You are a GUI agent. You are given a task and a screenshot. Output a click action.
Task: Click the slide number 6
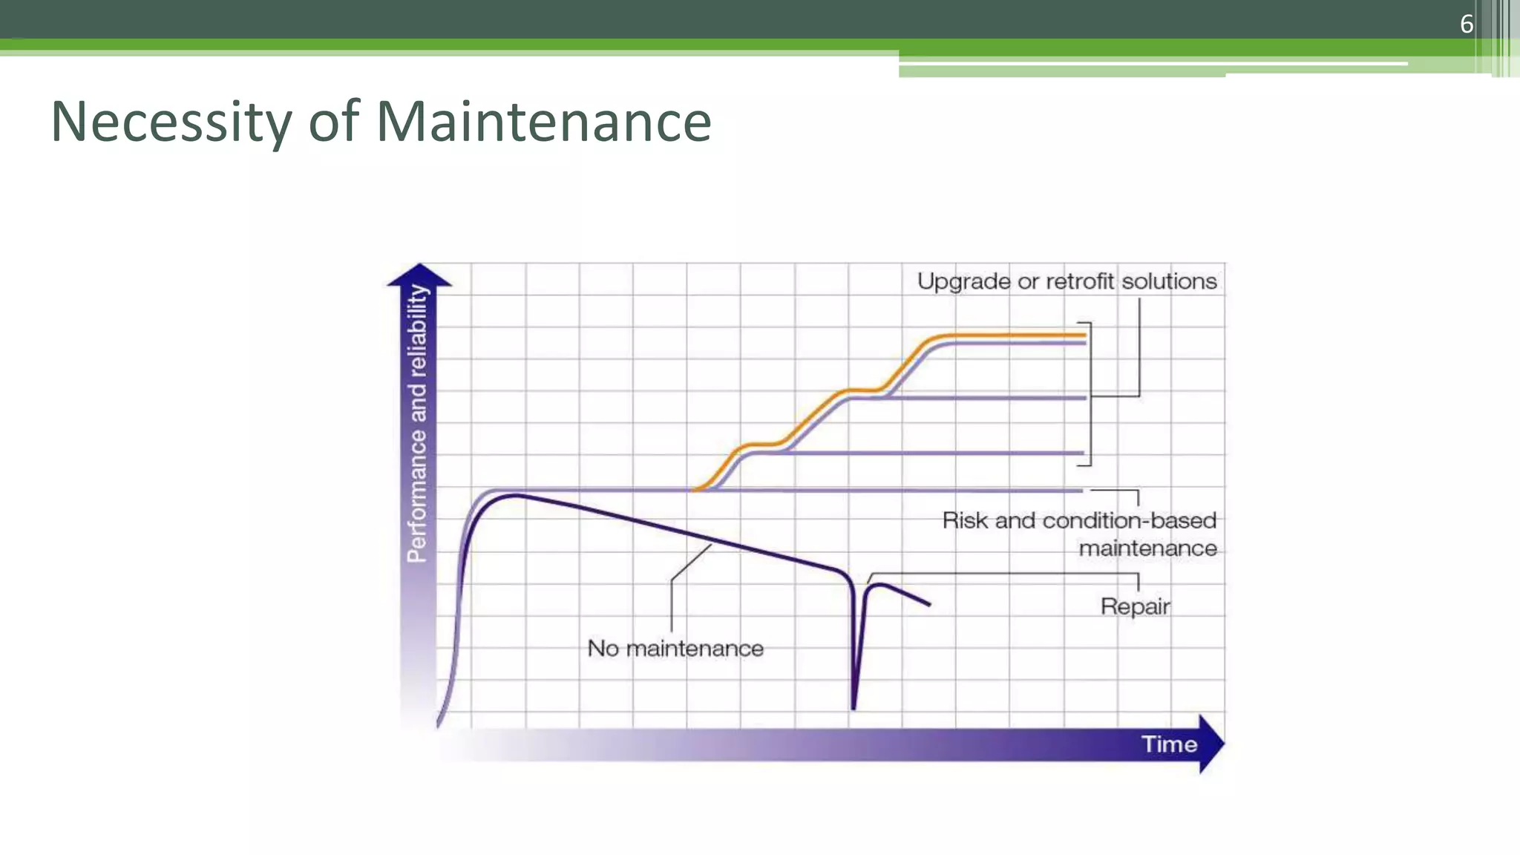(1466, 24)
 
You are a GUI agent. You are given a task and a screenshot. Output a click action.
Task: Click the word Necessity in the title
(171, 122)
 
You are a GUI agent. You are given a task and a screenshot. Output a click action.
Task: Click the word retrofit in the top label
(1080, 281)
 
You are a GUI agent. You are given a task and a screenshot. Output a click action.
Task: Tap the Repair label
(1135, 606)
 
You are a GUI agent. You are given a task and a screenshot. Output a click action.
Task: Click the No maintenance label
(675, 649)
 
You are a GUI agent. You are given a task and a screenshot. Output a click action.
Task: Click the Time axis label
(1169, 744)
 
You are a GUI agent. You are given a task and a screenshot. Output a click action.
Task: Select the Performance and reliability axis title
(418, 423)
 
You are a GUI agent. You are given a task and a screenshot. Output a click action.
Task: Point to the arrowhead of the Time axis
(1211, 744)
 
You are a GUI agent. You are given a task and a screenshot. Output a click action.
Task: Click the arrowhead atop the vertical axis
(419, 274)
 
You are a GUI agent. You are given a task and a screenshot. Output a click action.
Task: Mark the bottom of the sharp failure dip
(854, 707)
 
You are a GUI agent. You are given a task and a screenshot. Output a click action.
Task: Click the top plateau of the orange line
(1009, 335)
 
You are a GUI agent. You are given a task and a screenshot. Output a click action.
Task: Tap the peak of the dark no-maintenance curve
(516, 495)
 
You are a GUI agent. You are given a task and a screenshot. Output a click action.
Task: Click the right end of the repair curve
(929, 605)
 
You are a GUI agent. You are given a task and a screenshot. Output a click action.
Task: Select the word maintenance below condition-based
(1147, 548)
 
